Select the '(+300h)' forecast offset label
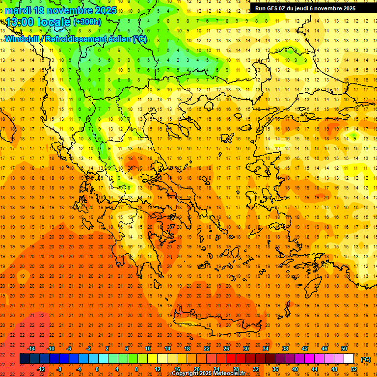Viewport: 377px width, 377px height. (87, 22)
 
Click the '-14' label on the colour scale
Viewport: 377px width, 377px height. (31, 349)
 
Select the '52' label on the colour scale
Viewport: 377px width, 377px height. (354, 369)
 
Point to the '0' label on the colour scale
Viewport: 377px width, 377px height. (97, 369)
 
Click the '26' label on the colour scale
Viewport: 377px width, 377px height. (226, 349)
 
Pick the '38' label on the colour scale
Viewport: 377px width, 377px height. (285, 349)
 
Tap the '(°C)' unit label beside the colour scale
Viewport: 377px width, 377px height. (366, 359)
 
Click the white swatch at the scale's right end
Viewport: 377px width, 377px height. (349, 359)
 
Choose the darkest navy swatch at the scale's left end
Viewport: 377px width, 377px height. (25, 359)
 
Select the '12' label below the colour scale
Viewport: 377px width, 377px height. (158, 369)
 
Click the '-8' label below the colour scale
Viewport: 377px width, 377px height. (59, 369)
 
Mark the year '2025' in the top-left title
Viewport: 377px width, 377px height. (105, 10)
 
